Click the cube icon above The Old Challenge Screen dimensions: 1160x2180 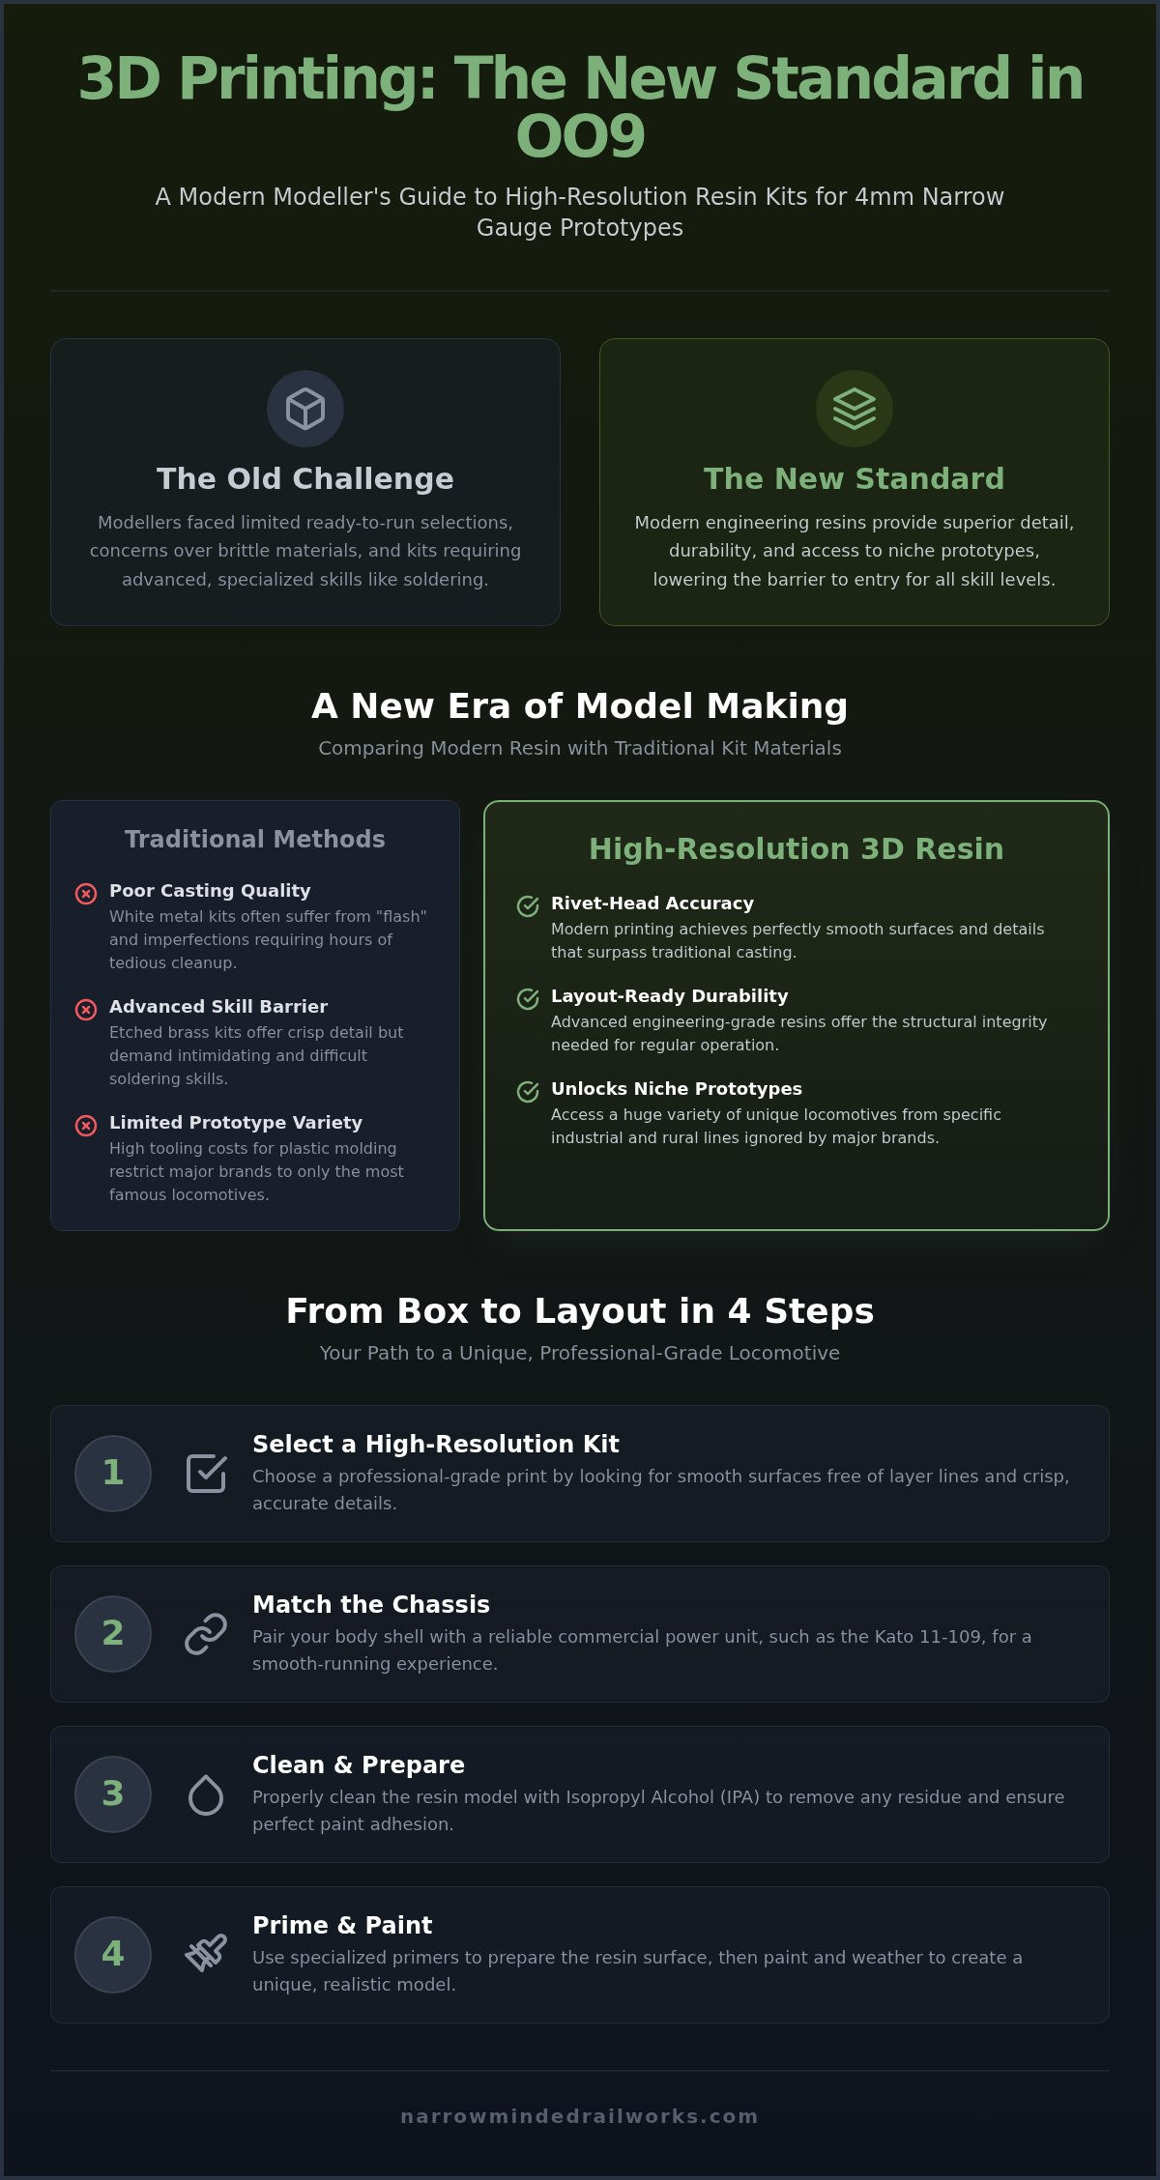pyautogui.click(x=305, y=409)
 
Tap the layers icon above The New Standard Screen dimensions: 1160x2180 pyautogui.click(x=855, y=409)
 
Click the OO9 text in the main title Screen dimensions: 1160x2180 pyautogui.click(x=580, y=136)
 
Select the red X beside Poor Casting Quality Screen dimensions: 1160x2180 pyautogui.click(x=86, y=894)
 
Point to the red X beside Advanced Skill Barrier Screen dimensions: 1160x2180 pyautogui.click(x=86, y=1010)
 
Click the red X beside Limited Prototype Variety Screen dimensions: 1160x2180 pyautogui.click(x=86, y=1126)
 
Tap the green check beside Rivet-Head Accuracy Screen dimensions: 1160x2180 pyautogui.click(x=528, y=906)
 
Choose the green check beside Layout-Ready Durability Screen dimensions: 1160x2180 pyautogui.click(x=528, y=999)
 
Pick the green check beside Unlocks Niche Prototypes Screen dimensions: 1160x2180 pyautogui.click(x=528, y=1092)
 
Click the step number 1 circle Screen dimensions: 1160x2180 pyautogui.click(x=113, y=1474)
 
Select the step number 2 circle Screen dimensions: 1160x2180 pyautogui.click(x=113, y=1634)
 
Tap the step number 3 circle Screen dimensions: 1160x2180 pyautogui.click(x=113, y=1794)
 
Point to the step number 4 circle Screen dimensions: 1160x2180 pyautogui.click(x=113, y=1955)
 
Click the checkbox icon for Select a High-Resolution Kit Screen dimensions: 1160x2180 pyautogui.click(x=206, y=1474)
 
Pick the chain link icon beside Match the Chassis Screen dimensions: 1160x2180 pyautogui.click(x=206, y=1634)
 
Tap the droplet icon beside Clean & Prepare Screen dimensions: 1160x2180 pyautogui.click(x=206, y=1794)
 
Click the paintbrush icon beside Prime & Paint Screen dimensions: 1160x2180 pyautogui.click(x=206, y=1953)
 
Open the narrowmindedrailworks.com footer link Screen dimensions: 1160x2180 pyautogui.click(x=580, y=2116)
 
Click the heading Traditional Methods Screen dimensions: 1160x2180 pyautogui.click(x=255, y=839)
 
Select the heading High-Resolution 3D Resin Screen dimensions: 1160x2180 pyautogui.click(x=797, y=848)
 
